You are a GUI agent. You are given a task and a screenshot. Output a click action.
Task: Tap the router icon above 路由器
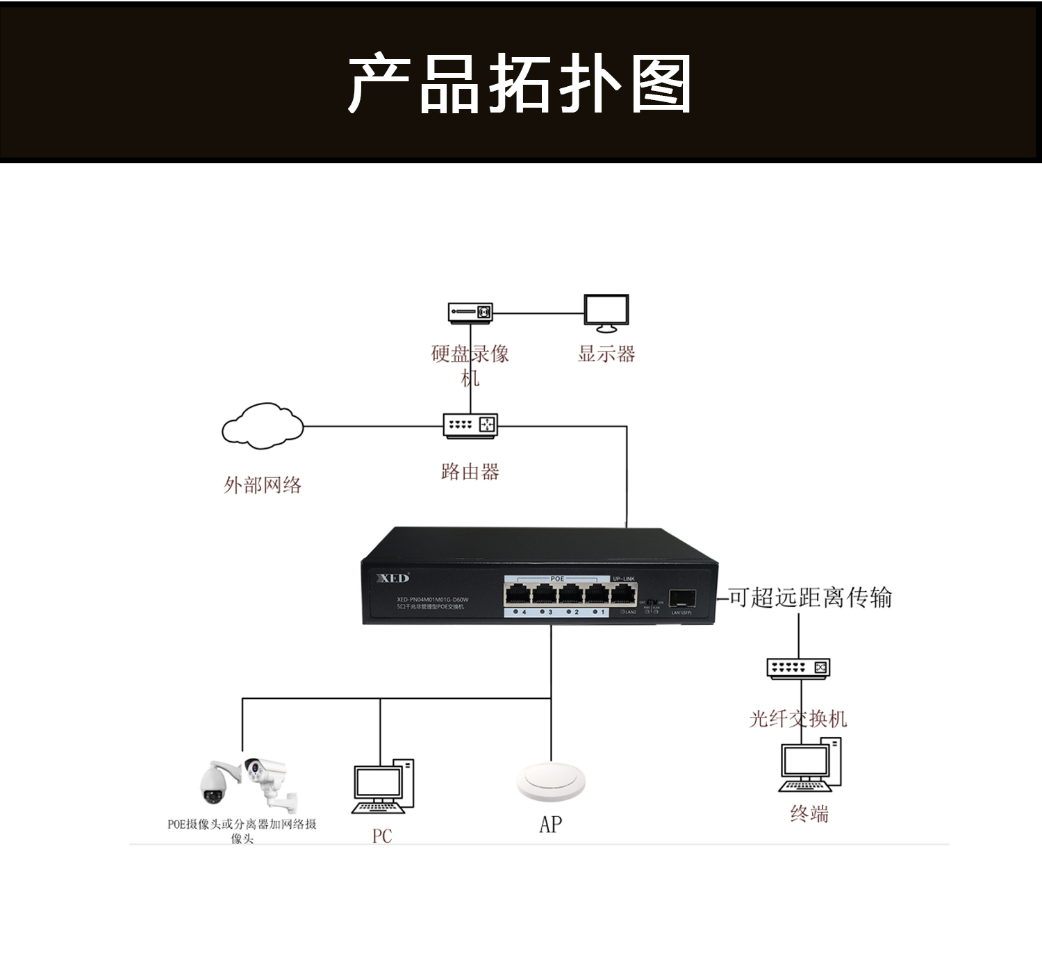pyautogui.click(x=470, y=425)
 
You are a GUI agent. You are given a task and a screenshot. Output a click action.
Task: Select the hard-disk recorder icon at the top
pyautogui.click(x=470, y=313)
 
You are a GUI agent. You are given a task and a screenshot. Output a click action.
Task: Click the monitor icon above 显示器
pyautogui.click(x=606, y=313)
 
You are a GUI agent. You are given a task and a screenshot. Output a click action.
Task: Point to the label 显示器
pyautogui.click(x=606, y=354)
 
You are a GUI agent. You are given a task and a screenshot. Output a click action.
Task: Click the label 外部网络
pyautogui.click(x=263, y=485)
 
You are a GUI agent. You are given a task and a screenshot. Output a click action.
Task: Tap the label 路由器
pyautogui.click(x=470, y=472)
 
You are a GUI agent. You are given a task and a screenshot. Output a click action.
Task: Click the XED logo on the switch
pyautogui.click(x=393, y=578)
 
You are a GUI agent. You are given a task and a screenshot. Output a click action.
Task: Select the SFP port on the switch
pyautogui.click(x=678, y=599)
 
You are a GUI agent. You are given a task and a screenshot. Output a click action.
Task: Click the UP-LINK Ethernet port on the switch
pyautogui.click(x=623, y=595)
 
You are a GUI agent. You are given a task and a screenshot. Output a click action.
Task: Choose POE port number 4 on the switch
pyautogui.click(x=518, y=595)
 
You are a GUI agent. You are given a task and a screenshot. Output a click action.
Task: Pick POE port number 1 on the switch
pyautogui.click(x=597, y=595)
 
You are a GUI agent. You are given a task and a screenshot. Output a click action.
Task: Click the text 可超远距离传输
pyautogui.click(x=810, y=597)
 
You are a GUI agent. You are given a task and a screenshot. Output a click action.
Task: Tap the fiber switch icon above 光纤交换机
pyautogui.click(x=798, y=668)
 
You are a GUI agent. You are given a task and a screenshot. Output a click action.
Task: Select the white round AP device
pyautogui.click(x=551, y=783)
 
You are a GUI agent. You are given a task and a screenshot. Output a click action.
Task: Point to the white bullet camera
pyautogui.click(x=267, y=775)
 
